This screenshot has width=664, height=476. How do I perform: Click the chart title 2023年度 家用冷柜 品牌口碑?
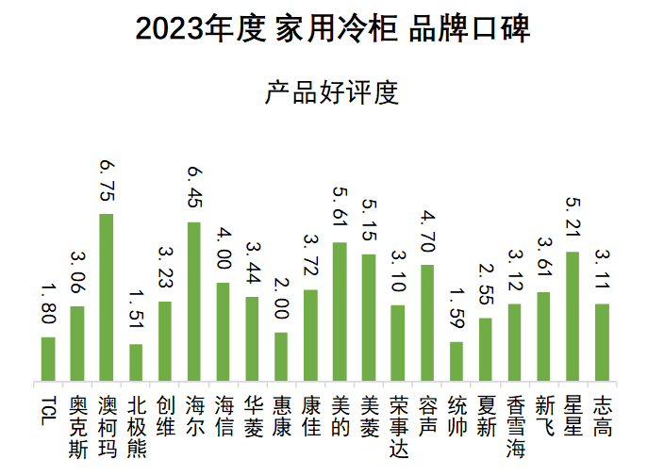(x=332, y=29)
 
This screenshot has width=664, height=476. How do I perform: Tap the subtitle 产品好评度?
(x=332, y=92)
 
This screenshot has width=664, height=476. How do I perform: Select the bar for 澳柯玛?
(x=107, y=298)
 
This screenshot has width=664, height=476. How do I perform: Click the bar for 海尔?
(x=193, y=302)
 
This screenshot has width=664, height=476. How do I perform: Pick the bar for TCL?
(x=48, y=359)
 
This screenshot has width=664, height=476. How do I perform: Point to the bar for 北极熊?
(x=136, y=363)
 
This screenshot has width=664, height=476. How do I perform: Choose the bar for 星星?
(x=573, y=317)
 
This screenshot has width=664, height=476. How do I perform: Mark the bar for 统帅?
(x=456, y=362)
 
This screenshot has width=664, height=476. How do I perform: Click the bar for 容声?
(x=427, y=323)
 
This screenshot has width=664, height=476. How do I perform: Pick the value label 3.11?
(x=602, y=271)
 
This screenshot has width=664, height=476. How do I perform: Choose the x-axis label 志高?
(x=602, y=416)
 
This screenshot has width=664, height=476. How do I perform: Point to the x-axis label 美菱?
(x=369, y=416)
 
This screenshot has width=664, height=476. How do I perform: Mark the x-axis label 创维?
(x=165, y=416)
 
